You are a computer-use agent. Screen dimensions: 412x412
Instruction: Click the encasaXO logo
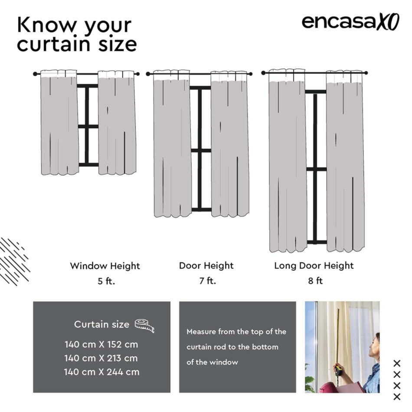350,22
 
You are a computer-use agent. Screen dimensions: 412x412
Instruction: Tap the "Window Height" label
105,266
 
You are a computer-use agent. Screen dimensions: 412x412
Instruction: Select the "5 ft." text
106,281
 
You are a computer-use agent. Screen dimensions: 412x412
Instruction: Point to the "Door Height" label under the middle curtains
206,266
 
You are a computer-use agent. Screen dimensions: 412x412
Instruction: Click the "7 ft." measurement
208,281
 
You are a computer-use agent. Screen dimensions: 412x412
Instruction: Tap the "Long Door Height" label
314,266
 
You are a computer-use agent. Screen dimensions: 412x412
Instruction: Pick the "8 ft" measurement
315,281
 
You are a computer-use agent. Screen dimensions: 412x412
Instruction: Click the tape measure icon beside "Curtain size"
144,326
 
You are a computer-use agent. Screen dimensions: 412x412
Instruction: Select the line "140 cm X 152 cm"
101,344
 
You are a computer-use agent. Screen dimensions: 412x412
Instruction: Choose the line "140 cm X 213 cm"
101,358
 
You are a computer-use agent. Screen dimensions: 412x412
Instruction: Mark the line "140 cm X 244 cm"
101,372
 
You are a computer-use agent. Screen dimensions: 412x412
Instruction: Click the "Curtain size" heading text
101,324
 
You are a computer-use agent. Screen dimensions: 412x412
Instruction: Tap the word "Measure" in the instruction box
201,332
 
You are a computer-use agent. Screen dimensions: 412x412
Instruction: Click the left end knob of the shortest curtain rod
35,74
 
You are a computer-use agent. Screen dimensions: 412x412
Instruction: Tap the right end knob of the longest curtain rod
366,73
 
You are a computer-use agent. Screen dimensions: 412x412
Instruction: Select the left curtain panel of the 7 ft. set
173,144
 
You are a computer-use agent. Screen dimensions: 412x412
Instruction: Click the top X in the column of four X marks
397,364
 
